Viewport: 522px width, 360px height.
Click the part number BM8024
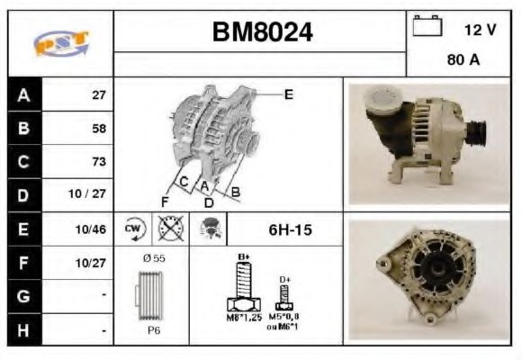pyautogui.click(x=262, y=32)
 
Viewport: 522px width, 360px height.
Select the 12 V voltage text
pyautogui.click(x=480, y=29)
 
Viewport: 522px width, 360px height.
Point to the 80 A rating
pyautogui.click(x=463, y=61)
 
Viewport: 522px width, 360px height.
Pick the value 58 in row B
pyautogui.click(x=98, y=128)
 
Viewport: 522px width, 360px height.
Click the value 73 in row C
pyautogui.click(x=98, y=162)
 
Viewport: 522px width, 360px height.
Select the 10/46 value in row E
pyautogui.click(x=94, y=230)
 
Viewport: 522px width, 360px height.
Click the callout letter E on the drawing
pyautogui.click(x=288, y=94)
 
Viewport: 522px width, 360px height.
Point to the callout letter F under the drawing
pyautogui.click(x=165, y=201)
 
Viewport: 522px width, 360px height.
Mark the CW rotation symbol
pyautogui.click(x=134, y=229)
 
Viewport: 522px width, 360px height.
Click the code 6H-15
pyautogui.click(x=290, y=230)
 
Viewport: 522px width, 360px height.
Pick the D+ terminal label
pyautogui.click(x=286, y=279)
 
